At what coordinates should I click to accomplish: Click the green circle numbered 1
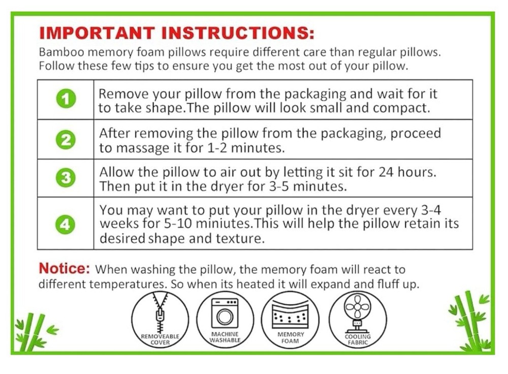pyautogui.click(x=66, y=99)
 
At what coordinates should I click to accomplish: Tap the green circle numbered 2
pyautogui.click(x=66, y=140)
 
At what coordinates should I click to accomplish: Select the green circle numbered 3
pyautogui.click(x=66, y=178)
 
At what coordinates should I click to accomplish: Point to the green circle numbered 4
pyautogui.click(x=65, y=224)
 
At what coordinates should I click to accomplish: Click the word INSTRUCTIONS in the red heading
pyautogui.click(x=237, y=33)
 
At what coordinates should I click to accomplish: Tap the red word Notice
pyautogui.click(x=64, y=268)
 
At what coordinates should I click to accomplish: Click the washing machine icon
pyautogui.click(x=225, y=313)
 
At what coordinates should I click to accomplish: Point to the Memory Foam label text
pyautogui.click(x=290, y=338)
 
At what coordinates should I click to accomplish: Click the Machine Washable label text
pyautogui.click(x=225, y=337)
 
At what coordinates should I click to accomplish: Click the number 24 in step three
pyautogui.click(x=386, y=172)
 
